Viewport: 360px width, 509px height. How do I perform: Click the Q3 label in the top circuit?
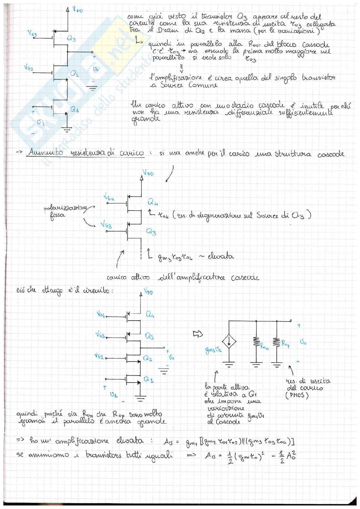click(x=71, y=39)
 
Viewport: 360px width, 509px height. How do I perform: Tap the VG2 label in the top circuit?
click(x=28, y=68)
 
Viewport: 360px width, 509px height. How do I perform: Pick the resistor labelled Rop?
click(x=276, y=343)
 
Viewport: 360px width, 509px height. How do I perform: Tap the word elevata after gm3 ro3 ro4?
click(x=221, y=257)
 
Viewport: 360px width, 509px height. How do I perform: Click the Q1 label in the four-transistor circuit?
click(x=148, y=379)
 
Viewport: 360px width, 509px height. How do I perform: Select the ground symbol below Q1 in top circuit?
click(x=67, y=130)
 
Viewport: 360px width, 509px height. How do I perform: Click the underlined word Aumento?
click(x=45, y=153)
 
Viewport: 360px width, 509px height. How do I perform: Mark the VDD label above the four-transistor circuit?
click(x=148, y=292)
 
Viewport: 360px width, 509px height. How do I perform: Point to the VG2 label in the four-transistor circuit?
click(x=99, y=356)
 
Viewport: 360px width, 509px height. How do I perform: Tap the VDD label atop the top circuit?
click(x=77, y=9)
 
